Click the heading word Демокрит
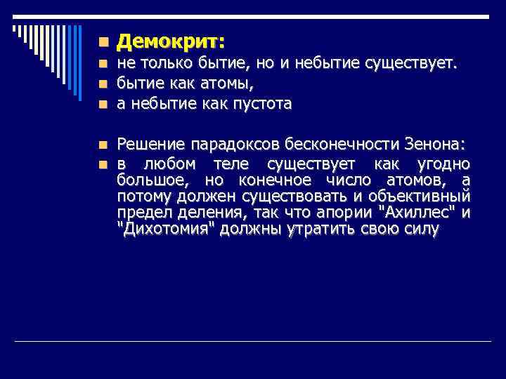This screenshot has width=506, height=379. [x=168, y=42]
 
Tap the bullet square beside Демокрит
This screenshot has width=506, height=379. [x=103, y=43]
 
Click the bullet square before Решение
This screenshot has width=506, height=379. [x=103, y=145]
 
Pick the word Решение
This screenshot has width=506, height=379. [x=148, y=145]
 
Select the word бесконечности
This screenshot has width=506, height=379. [x=342, y=145]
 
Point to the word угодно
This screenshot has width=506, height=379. [x=442, y=164]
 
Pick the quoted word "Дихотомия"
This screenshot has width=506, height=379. [x=165, y=230]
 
